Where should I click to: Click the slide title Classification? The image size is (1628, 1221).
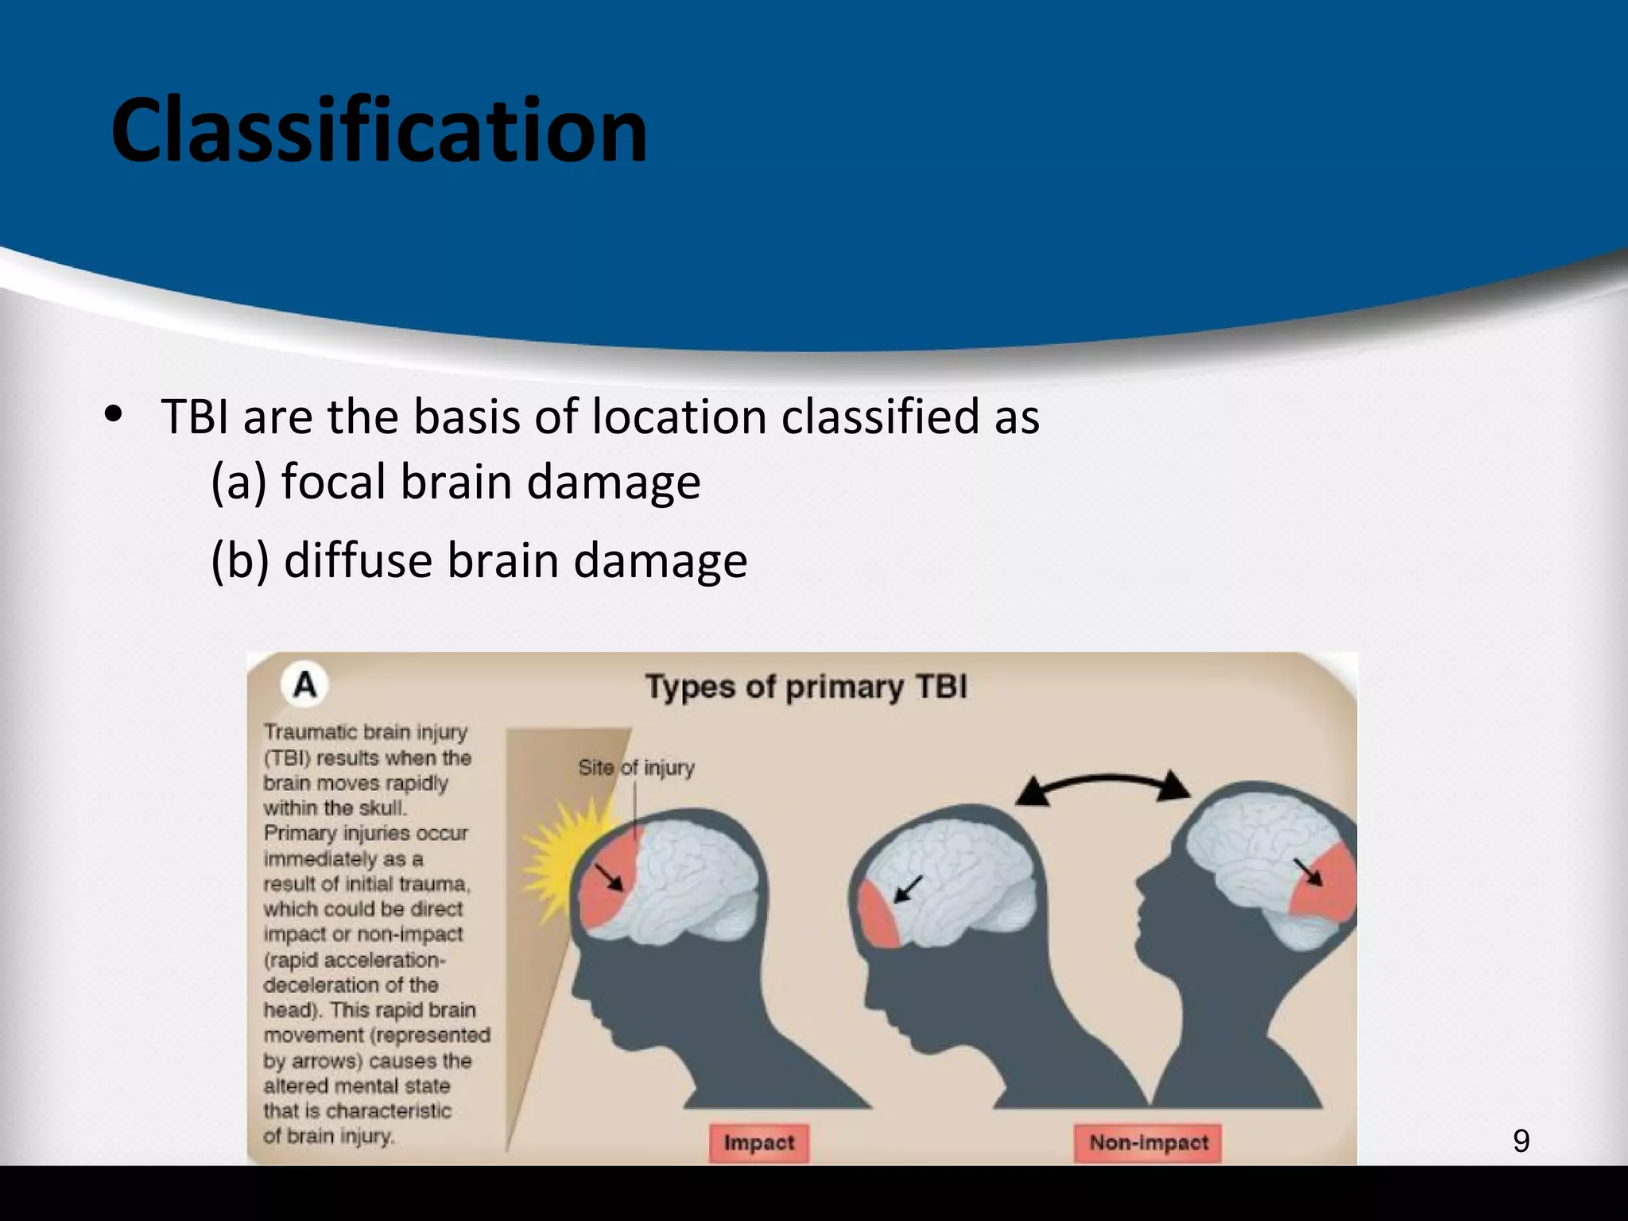tap(379, 131)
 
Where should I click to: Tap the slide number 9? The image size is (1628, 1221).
tap(1521, 1142)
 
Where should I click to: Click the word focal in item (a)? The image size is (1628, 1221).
tap(336, 482)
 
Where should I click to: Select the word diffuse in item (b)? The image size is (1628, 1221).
tap(358, 560)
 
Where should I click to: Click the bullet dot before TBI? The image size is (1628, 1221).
tap(114, 414)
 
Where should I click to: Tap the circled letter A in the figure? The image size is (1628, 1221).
tap(304, 684)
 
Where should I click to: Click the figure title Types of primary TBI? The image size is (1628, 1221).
tap(806, 687)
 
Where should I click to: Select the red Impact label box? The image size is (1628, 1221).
tap(758, 1143)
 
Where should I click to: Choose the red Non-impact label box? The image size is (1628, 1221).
tap(1148, 1143)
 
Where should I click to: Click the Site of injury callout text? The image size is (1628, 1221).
tap(636, 768)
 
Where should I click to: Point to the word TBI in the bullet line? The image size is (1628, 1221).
tap(195, 417)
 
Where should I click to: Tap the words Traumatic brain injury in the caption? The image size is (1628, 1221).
tap(365, 732)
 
